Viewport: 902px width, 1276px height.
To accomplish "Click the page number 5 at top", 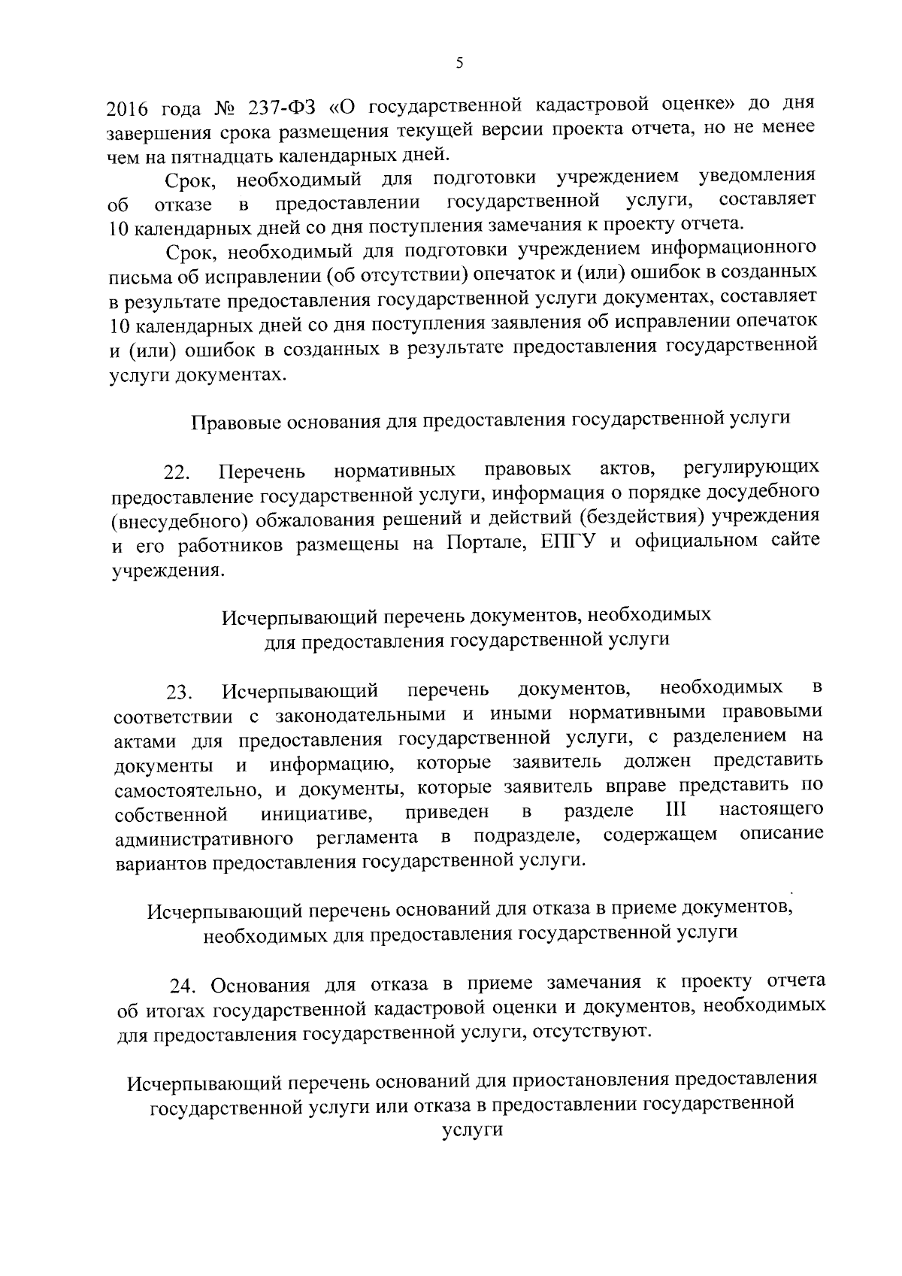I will pos(459,64).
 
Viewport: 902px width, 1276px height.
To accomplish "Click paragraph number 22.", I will pos(178,473).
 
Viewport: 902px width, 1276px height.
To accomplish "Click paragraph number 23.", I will pos(180,691).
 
